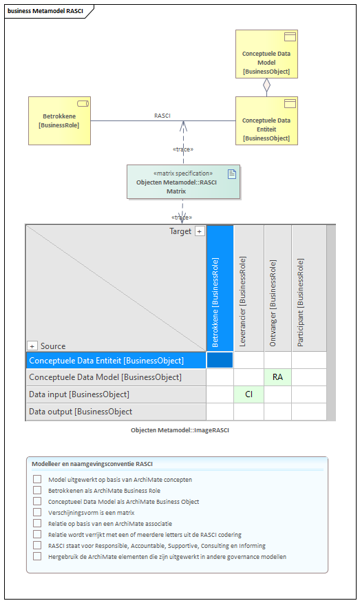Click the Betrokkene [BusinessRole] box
click(x=60, y=120)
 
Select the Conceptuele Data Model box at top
click(x=266, y=54)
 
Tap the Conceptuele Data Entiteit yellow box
click(x=266, y=120)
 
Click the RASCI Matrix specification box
click(x=184, y=182)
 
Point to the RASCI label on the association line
click(x=162, y=116)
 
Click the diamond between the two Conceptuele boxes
click(x=266, y=85)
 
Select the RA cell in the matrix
click(x=277, y=377)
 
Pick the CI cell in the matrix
click(x=249, y=394)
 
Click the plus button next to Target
click(x=199, y=231)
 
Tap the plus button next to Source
click(x=32, y=346)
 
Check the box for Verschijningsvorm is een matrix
click(x=37, y=512)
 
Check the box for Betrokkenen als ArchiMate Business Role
click(x=37, y=490)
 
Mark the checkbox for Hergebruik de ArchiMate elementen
click(x=37, y=556)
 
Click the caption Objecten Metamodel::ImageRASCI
click(x=180, y=430)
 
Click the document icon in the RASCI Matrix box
click(x=232, y=174)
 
